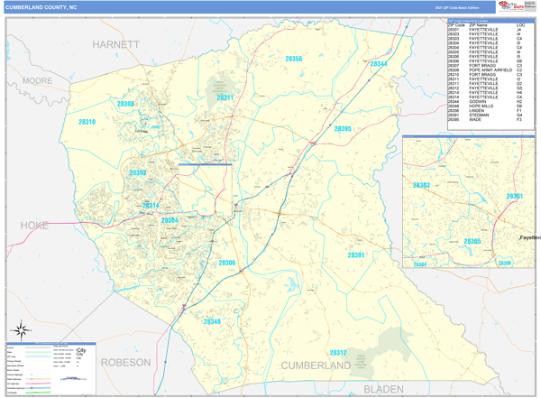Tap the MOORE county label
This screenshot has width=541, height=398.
tap(37, 80)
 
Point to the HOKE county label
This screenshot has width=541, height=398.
tap(34, 225)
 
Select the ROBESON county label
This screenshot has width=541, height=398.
tap(125, 362)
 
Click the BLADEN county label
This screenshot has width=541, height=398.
tap(384, 389)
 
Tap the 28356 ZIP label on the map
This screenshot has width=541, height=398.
tap(293, 59)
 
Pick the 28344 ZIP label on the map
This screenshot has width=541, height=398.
tap(379, 64)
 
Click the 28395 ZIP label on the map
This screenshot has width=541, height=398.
tap(343, 129)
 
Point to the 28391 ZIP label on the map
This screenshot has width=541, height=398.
tap(358, 255)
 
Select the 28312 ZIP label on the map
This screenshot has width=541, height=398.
tap(337, 353)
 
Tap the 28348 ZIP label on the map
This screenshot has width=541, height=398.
tap(211, 321)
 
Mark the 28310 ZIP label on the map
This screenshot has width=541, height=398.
tap(87, 121)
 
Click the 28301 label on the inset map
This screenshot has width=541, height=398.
tap(514, 196)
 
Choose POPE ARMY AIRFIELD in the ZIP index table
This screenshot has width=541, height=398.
tap(490, 70)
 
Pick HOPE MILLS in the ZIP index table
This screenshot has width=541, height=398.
tap(481, 106)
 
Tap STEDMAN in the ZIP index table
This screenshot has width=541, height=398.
tap(479, 115)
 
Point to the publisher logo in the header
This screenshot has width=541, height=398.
tap(512, 7)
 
